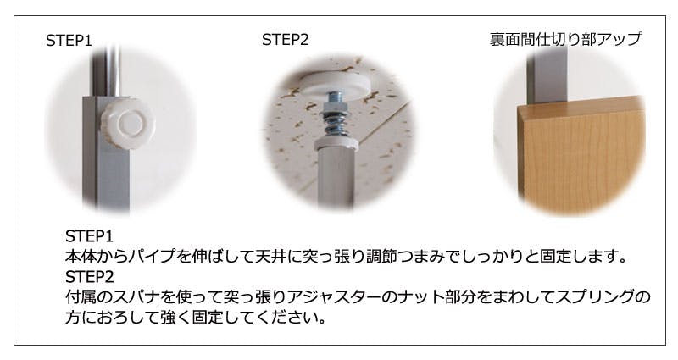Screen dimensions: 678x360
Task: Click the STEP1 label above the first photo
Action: (x=69, y=41)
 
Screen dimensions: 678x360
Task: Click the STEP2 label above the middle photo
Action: (x=286, y=40)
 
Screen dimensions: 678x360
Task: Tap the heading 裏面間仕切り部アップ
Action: (x=565, y=39)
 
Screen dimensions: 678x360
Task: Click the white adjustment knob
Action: (x=128, y=123)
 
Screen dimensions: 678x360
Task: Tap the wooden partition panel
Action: (x=581, y=156)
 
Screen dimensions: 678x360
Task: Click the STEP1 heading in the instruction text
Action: (x=89, y=236)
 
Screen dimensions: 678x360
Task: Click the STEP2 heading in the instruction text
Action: (x=90, y=276)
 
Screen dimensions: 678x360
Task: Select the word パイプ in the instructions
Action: (x=153, y=257)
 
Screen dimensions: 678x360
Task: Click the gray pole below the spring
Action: (x=336, y=177)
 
